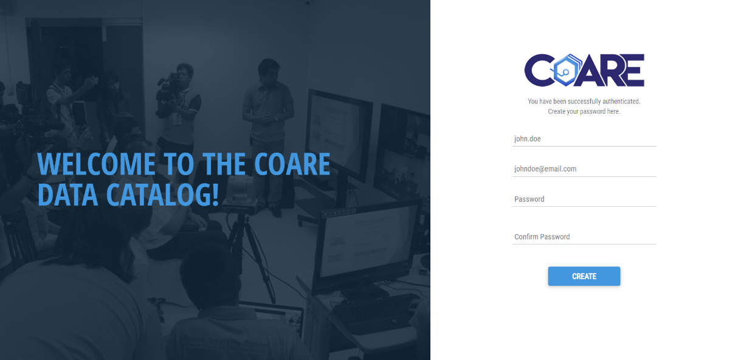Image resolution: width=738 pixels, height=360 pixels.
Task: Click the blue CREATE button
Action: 584,276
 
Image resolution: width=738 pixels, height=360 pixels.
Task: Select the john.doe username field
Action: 584,139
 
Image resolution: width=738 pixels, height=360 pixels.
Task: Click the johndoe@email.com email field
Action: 584,169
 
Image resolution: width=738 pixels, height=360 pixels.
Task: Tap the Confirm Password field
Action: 584,237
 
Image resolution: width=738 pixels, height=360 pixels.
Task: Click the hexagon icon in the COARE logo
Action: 565,70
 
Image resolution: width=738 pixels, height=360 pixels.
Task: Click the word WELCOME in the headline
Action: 96,164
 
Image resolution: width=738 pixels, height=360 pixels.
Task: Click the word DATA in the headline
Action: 68,195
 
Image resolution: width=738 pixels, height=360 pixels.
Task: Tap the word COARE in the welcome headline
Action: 292,164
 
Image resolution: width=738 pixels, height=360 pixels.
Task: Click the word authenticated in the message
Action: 621,101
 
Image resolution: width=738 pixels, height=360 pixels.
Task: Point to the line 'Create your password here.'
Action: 584,111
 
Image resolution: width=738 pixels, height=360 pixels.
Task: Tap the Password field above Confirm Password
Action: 584,199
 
